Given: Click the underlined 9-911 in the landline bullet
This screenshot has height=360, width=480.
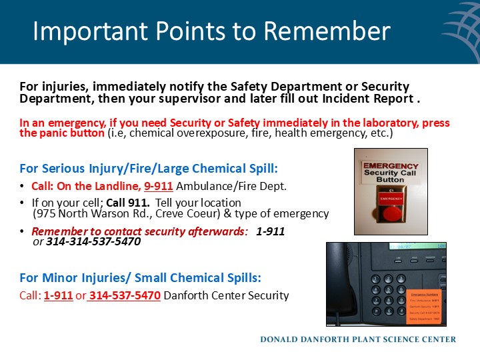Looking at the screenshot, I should pos(159,186).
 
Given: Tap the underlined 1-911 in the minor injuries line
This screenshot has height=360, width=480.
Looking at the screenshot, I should pos(58,295).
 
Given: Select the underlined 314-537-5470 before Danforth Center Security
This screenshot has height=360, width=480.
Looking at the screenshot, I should pos(125,295).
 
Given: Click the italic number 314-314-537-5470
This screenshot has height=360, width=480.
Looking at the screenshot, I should pos(93,242).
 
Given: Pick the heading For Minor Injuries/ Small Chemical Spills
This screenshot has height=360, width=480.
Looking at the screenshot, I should pos(140,278).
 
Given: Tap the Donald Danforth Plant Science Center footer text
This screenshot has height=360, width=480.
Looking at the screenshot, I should pos(358,339).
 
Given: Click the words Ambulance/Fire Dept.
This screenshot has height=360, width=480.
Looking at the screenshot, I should pos(231,186).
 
